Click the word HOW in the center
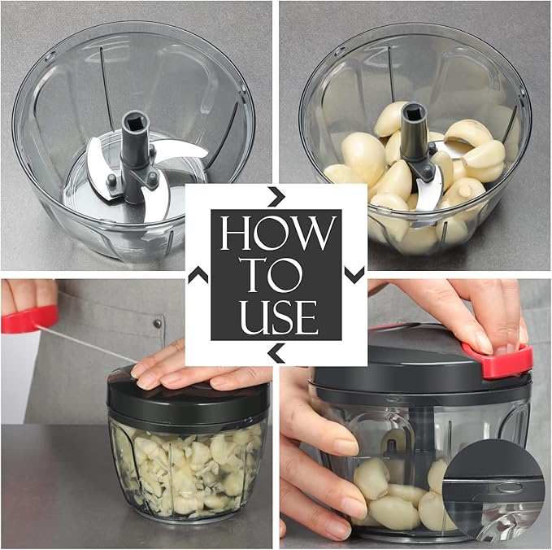[276, 234]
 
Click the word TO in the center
[276, 275]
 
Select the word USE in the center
[276, 316]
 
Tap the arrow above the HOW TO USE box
[276, 196]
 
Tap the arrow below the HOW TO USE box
[276, 353]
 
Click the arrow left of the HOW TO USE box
[198, 276]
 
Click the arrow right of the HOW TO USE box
[354, 275]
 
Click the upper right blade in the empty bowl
[175, 149]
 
